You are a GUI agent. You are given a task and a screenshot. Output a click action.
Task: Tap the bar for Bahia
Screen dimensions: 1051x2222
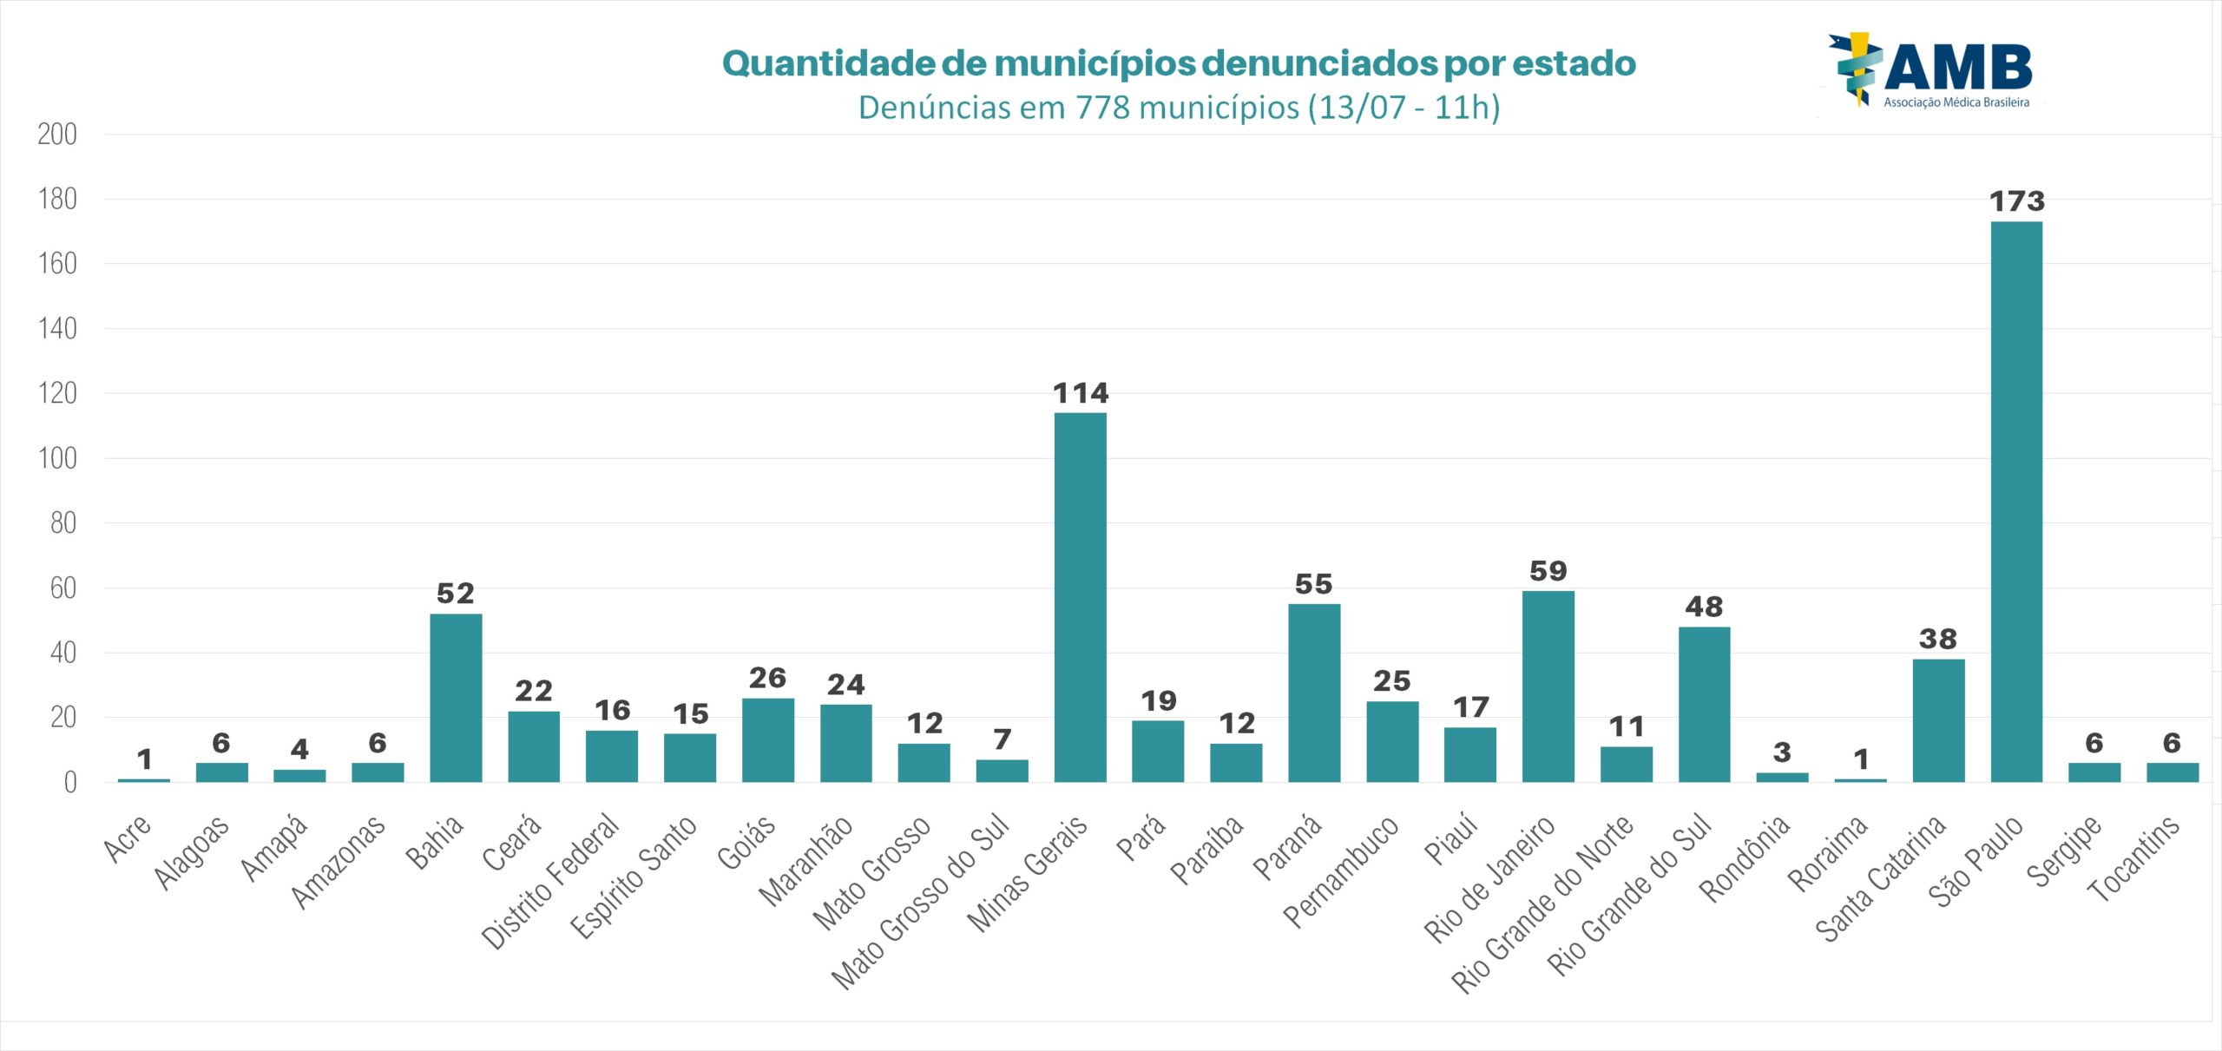pyautogui.click(x=456, y=698)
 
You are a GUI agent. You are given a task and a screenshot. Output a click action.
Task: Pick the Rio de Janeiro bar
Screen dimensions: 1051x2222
pyautogui.click(x=1548, y=686)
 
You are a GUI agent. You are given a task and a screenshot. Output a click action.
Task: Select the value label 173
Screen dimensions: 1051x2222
pyautogui.click(x=2016, y=201)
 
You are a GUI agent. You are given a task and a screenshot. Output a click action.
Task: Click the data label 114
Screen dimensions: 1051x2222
pyautogui.click(x=1081, y=393)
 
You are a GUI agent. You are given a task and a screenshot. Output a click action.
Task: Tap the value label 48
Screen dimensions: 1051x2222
pyautogui.click(x=1704, y=607)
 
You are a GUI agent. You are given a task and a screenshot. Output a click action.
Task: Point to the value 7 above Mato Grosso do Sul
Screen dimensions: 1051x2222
pyautogui.click(x=1003, y=739)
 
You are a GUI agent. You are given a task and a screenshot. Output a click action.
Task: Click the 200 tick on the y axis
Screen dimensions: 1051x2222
pyautogui.click(x=57, y=135)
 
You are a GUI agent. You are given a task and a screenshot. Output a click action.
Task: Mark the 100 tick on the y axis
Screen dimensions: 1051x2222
pyautogui.click(x=57, y=458)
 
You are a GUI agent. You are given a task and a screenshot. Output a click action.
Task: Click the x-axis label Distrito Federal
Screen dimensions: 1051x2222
pyautogui.click(x=551, y=881)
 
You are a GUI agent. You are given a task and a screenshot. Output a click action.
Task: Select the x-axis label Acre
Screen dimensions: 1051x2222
pyautogui.click(x=128, y=838)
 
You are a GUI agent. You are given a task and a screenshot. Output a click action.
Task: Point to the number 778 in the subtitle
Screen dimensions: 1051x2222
pyautogui.click(x=1102, y=108)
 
